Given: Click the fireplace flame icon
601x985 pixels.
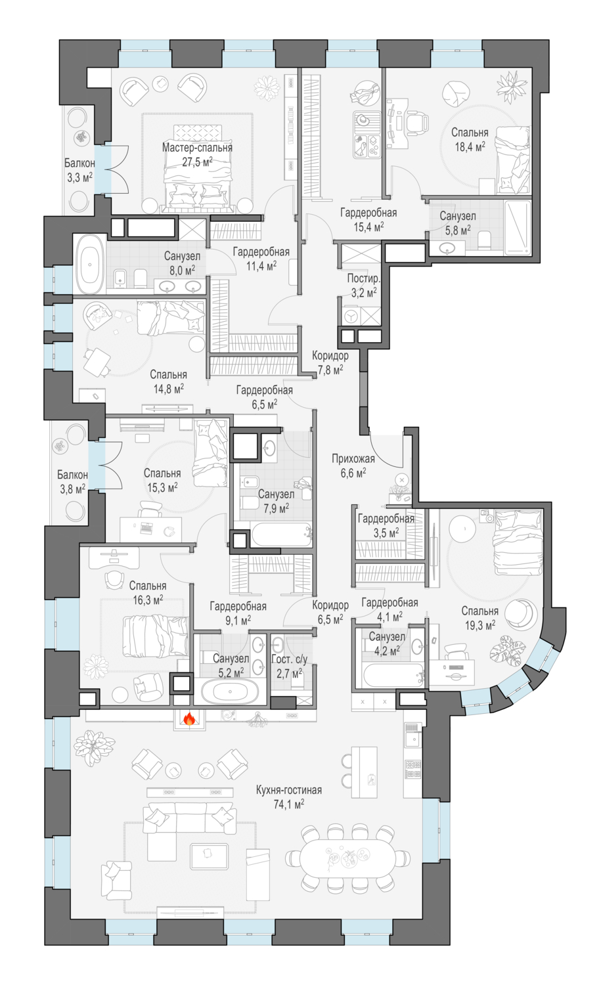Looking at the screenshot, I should [x=189, y=721].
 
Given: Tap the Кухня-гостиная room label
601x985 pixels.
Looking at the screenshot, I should [x=289, y=790].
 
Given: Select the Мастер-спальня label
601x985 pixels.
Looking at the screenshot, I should [x=197, y=148].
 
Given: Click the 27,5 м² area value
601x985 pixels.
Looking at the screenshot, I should [x=197, y=161].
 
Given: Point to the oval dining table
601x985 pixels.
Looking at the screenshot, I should [x=345, y=858].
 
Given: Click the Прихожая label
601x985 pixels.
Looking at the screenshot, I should [x=353, y=459].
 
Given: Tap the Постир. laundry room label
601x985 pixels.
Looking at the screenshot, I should [x=363, y=278].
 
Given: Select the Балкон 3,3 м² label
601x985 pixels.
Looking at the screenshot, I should [x=79, y=169].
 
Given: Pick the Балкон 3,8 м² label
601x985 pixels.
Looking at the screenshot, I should [x=72, y=481].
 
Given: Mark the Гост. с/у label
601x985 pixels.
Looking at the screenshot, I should [x=289, y=660].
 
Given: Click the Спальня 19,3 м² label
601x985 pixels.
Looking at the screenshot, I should [x=479, y=618].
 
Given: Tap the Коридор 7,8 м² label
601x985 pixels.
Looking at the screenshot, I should [x=330, y=362].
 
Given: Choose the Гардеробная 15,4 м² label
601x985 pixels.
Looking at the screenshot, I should [x=368, y=219].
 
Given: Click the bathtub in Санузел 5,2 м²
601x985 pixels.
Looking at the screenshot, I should [x=230, y=692].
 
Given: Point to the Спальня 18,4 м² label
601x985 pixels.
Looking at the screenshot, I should [x=470, y=139].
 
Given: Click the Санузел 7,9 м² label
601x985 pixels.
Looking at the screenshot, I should [x=276, y=500].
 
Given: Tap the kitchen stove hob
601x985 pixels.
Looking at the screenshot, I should [x=412, y=769].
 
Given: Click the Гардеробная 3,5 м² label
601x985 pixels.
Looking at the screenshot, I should [x=386, y=525].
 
